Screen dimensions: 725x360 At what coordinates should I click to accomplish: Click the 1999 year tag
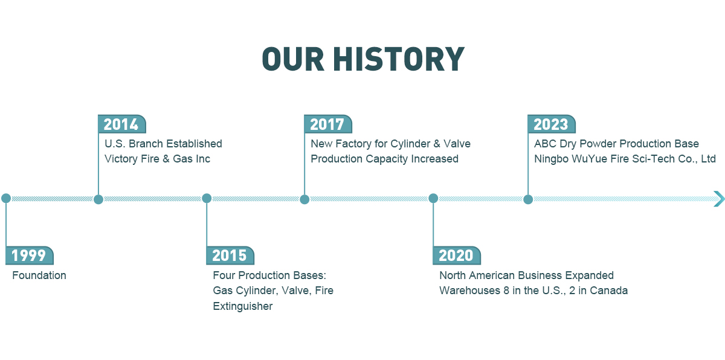point(30,256)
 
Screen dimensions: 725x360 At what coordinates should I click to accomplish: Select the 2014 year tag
point(121,124)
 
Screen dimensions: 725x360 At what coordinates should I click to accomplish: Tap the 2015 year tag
point(230,256)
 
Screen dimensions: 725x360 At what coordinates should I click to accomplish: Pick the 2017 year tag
point(328,124)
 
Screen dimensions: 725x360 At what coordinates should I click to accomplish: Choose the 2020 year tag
point(457,256)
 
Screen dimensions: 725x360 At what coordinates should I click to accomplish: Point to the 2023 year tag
point(552,124)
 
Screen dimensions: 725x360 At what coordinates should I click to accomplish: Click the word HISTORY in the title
point(399,59)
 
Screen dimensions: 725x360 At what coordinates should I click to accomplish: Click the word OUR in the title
point(293,59)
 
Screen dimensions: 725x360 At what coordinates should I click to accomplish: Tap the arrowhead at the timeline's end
point(719,199)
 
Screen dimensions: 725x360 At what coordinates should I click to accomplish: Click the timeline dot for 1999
point(6,198)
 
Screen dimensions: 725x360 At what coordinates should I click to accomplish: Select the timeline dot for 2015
point(207,198)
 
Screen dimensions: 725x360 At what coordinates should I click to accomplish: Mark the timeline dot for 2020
point(433,198)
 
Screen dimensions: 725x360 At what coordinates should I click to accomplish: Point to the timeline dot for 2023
point(528,199)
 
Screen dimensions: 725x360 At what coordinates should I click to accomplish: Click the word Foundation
point(39,275)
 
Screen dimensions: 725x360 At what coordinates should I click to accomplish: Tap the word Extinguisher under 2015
point(243,306)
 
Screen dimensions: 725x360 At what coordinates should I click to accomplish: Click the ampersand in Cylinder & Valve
point(437,144)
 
